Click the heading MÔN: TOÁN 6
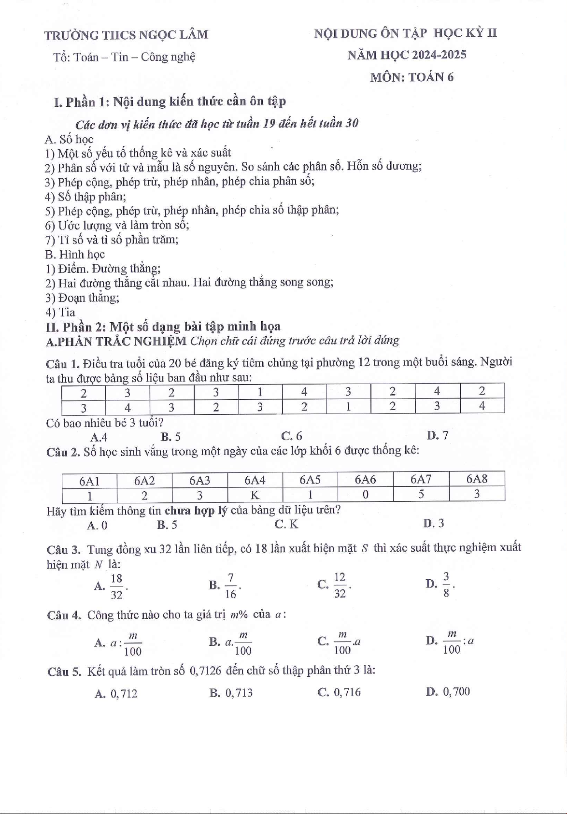(x=411, y=77)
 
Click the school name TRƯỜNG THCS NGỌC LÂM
(x=127, y=35)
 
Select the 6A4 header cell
(x=255, y=480)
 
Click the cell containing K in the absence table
(x=255, y=495)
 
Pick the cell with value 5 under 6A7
(x=421, y=495)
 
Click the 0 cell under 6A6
(x=366, y=495)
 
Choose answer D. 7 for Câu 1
(x=438, y=436)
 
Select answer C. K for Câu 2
(x=286, y=524)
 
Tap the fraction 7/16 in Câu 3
(x=230, y=586)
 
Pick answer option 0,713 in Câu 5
(x=239, y=693)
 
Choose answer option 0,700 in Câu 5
(x=456, y=692)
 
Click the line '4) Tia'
(x=60, y=312)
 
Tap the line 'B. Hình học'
(x=75, y=255)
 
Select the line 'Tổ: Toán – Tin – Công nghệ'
(x=125, y=57)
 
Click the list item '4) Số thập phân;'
(x=85, y=197)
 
